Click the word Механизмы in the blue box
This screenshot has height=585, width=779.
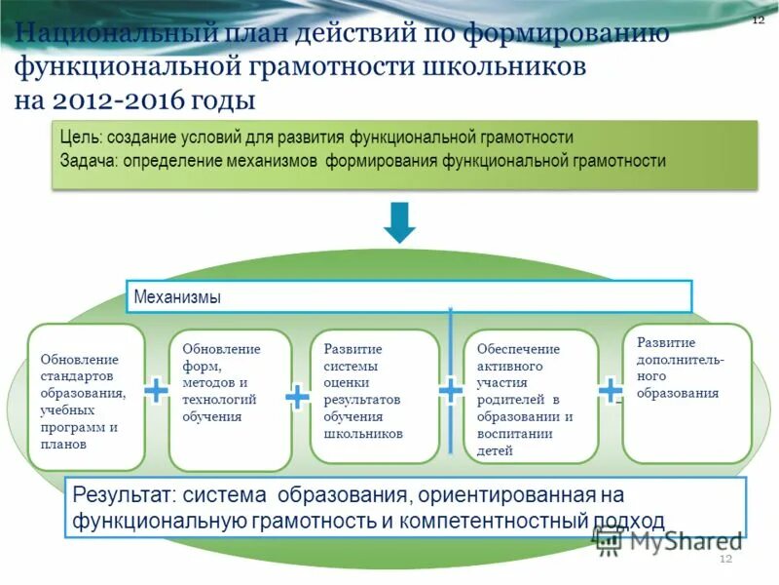coord(177,296)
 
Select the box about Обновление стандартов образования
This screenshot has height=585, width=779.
coord(86,397)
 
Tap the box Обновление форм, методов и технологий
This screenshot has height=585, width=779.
coord(230,400)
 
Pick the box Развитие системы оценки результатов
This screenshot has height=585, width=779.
coord(374,396)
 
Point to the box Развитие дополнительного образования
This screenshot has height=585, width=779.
coord(686,393)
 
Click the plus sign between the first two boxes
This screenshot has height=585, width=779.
coord(156,391)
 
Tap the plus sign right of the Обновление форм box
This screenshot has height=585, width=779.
coord(297,395)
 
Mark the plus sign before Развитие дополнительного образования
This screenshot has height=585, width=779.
coord(610,391)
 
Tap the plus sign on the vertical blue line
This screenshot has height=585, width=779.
coord(450,390)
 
